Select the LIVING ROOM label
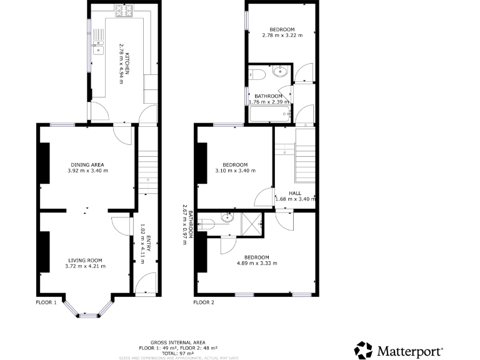[x=86, y=260]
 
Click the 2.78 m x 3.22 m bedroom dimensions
[x=282, y=36]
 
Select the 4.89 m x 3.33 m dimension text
[x=256, y=263]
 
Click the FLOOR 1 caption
[x=46, y=302]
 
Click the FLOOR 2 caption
[x=204, y=302]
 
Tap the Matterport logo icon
[x=364, y=350]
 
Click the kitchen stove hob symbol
[x=124, y=11]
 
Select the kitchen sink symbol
[x=99, y=46]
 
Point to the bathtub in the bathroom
[x=270, y=114]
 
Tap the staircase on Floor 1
[x=146, y=166]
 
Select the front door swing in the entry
[x=145, y=284]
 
